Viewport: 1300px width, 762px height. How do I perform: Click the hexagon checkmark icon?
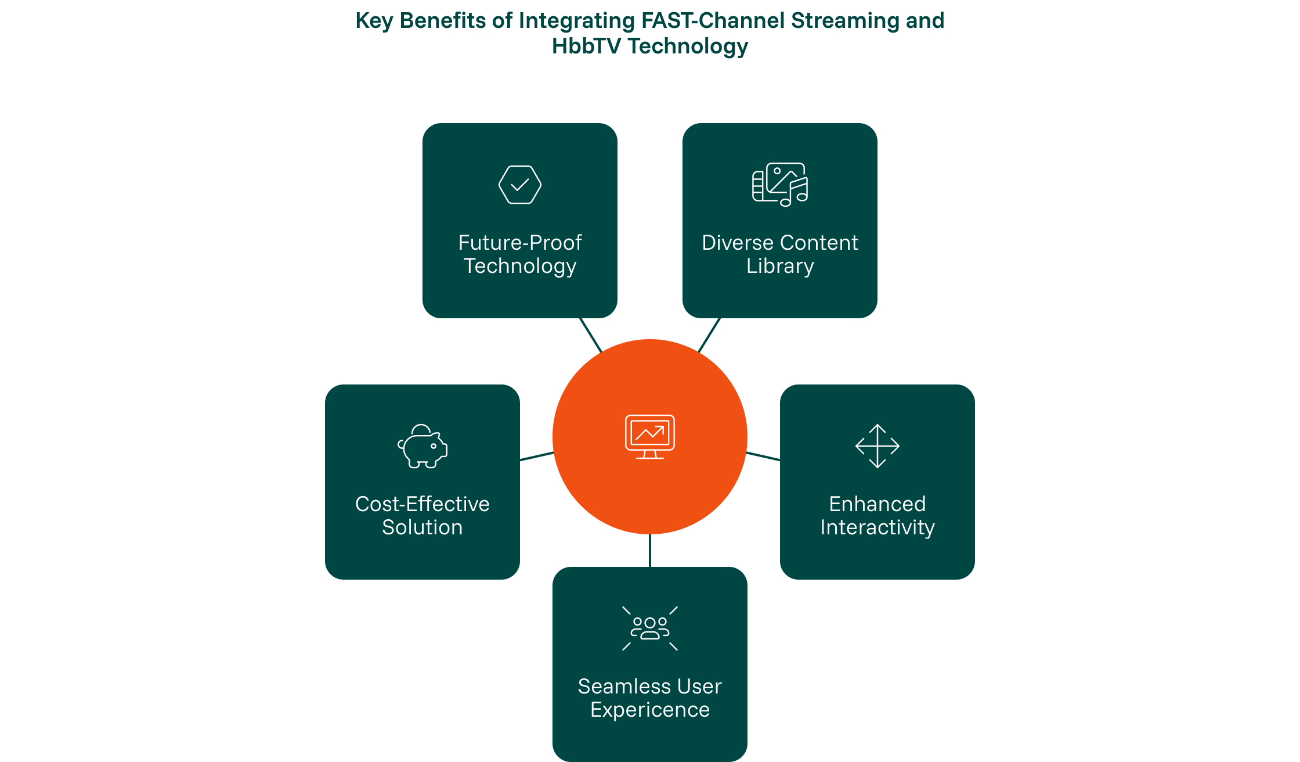(519, 185)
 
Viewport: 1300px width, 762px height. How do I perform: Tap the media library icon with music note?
(780, 185)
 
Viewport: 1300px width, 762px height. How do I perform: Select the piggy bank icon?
(423, 446)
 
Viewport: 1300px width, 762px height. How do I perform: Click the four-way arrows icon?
(878, 446)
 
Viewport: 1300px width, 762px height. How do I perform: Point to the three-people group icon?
(650, 628)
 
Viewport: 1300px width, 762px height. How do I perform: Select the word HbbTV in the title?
(586, 46)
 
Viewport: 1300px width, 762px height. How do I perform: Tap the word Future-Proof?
(519, 243)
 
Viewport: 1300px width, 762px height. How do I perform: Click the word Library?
(780, 266)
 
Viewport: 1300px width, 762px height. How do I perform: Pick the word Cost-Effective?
(423, 504)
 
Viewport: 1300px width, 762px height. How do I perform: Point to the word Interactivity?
(878, 527)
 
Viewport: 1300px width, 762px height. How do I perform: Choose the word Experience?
(650, 710)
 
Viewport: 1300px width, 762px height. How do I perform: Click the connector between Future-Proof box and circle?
(591, 335)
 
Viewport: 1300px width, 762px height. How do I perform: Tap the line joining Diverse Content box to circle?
(709, 335)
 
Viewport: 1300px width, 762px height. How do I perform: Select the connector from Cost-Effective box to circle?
(537, 457)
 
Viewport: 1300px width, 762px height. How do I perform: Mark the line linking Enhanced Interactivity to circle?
(763, 457)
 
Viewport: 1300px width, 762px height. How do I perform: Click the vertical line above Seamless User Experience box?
(650, 551)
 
